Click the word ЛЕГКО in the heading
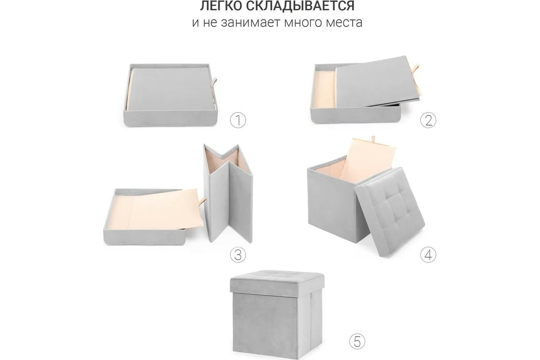point(220,6)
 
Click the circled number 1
point(238,120)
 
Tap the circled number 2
point(428,120)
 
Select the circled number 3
point(238,255)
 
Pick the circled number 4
point(428,255)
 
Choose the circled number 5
point(357,341)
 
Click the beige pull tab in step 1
point(214,84)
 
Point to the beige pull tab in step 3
point(202,201)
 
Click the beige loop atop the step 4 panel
point(373,140)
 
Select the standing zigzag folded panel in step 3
point(228,193)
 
